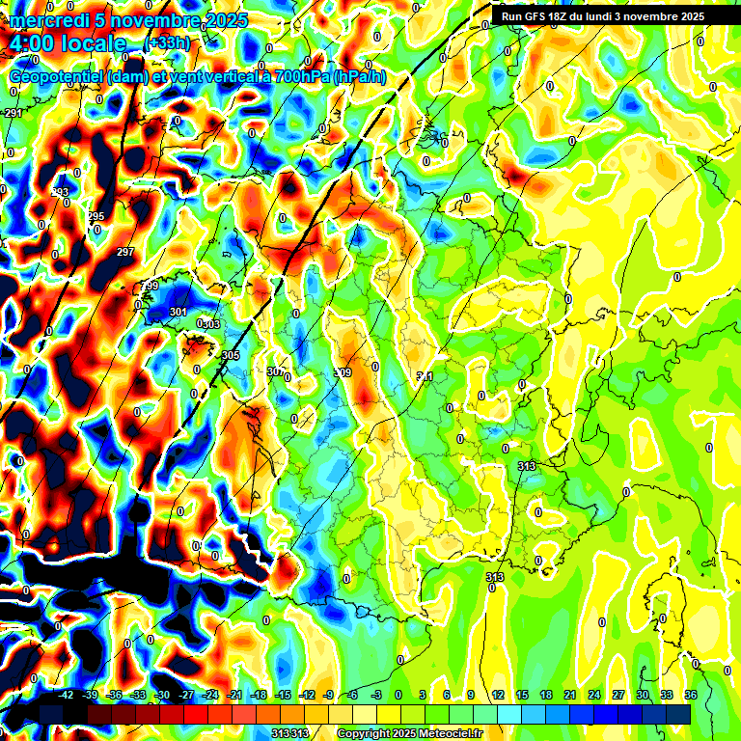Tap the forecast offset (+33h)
166,43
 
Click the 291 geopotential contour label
14,114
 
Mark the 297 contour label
125,252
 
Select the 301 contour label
178,312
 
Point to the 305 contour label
230,356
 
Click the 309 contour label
342,372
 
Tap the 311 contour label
425,376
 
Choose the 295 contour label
96,216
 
